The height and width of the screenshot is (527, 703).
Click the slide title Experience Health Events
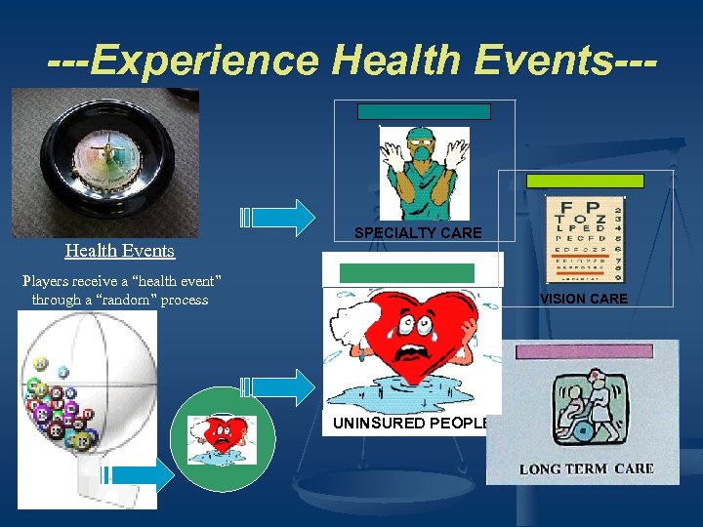351,61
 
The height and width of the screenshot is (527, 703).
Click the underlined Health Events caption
119,251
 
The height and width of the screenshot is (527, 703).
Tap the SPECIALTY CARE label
418,233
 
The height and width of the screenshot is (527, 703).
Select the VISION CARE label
584,299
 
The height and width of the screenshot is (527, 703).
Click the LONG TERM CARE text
586,469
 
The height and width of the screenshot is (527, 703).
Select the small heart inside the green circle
223,440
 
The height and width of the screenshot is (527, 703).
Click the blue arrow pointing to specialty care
278,218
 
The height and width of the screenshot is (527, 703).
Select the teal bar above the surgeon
422,111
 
